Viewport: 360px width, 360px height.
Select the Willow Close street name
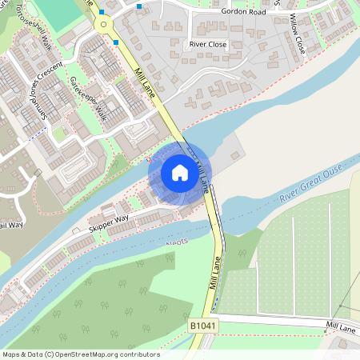(x=298, y=34)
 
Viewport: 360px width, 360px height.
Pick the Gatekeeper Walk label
(x=88, y=98)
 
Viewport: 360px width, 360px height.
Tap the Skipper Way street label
(x=109, y=223)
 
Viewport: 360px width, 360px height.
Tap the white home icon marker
(x=180, y=173)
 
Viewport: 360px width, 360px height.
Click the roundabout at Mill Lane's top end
(x=103, y=25)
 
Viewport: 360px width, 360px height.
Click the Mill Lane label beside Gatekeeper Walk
(x=146, y=79)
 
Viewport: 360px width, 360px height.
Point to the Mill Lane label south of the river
(x=214, y=273)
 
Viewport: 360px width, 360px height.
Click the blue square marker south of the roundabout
(x=116, y=42)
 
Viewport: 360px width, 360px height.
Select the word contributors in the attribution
(x=138, y=354)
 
